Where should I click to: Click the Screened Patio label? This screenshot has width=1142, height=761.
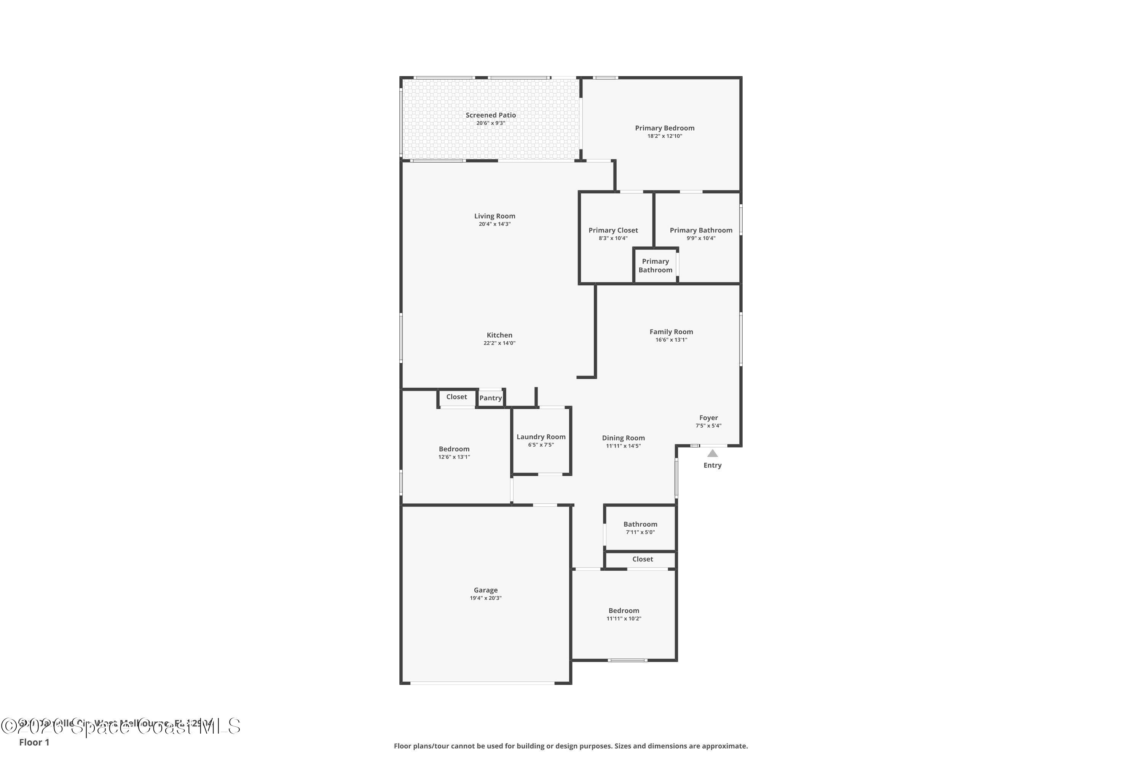coord(490,115)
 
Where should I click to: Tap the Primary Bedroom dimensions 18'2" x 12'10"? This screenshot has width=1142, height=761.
coord(664,136)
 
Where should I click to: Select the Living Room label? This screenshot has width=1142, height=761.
coord(494,216)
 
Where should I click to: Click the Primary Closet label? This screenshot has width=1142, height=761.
coord(613,230)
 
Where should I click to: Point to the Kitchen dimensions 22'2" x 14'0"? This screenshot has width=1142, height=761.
coord(499,343)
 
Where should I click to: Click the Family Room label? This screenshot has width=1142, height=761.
coord(671,332)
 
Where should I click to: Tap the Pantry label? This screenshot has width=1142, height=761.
coord(490,398)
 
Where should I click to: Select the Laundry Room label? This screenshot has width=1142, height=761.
coord(541,437)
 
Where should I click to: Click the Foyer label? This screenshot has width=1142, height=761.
coord(708,418)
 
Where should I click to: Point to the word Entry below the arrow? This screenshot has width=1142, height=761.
coord(712,465)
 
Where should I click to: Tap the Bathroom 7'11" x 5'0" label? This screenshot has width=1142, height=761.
coord(640,524)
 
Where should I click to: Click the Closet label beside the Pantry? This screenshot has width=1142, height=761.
coord(456,397)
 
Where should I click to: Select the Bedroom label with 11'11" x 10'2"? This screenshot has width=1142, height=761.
coord(624,611)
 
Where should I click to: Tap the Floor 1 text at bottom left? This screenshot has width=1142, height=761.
coord(34,742)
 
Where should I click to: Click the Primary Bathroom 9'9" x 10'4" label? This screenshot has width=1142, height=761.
coord(701,230)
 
